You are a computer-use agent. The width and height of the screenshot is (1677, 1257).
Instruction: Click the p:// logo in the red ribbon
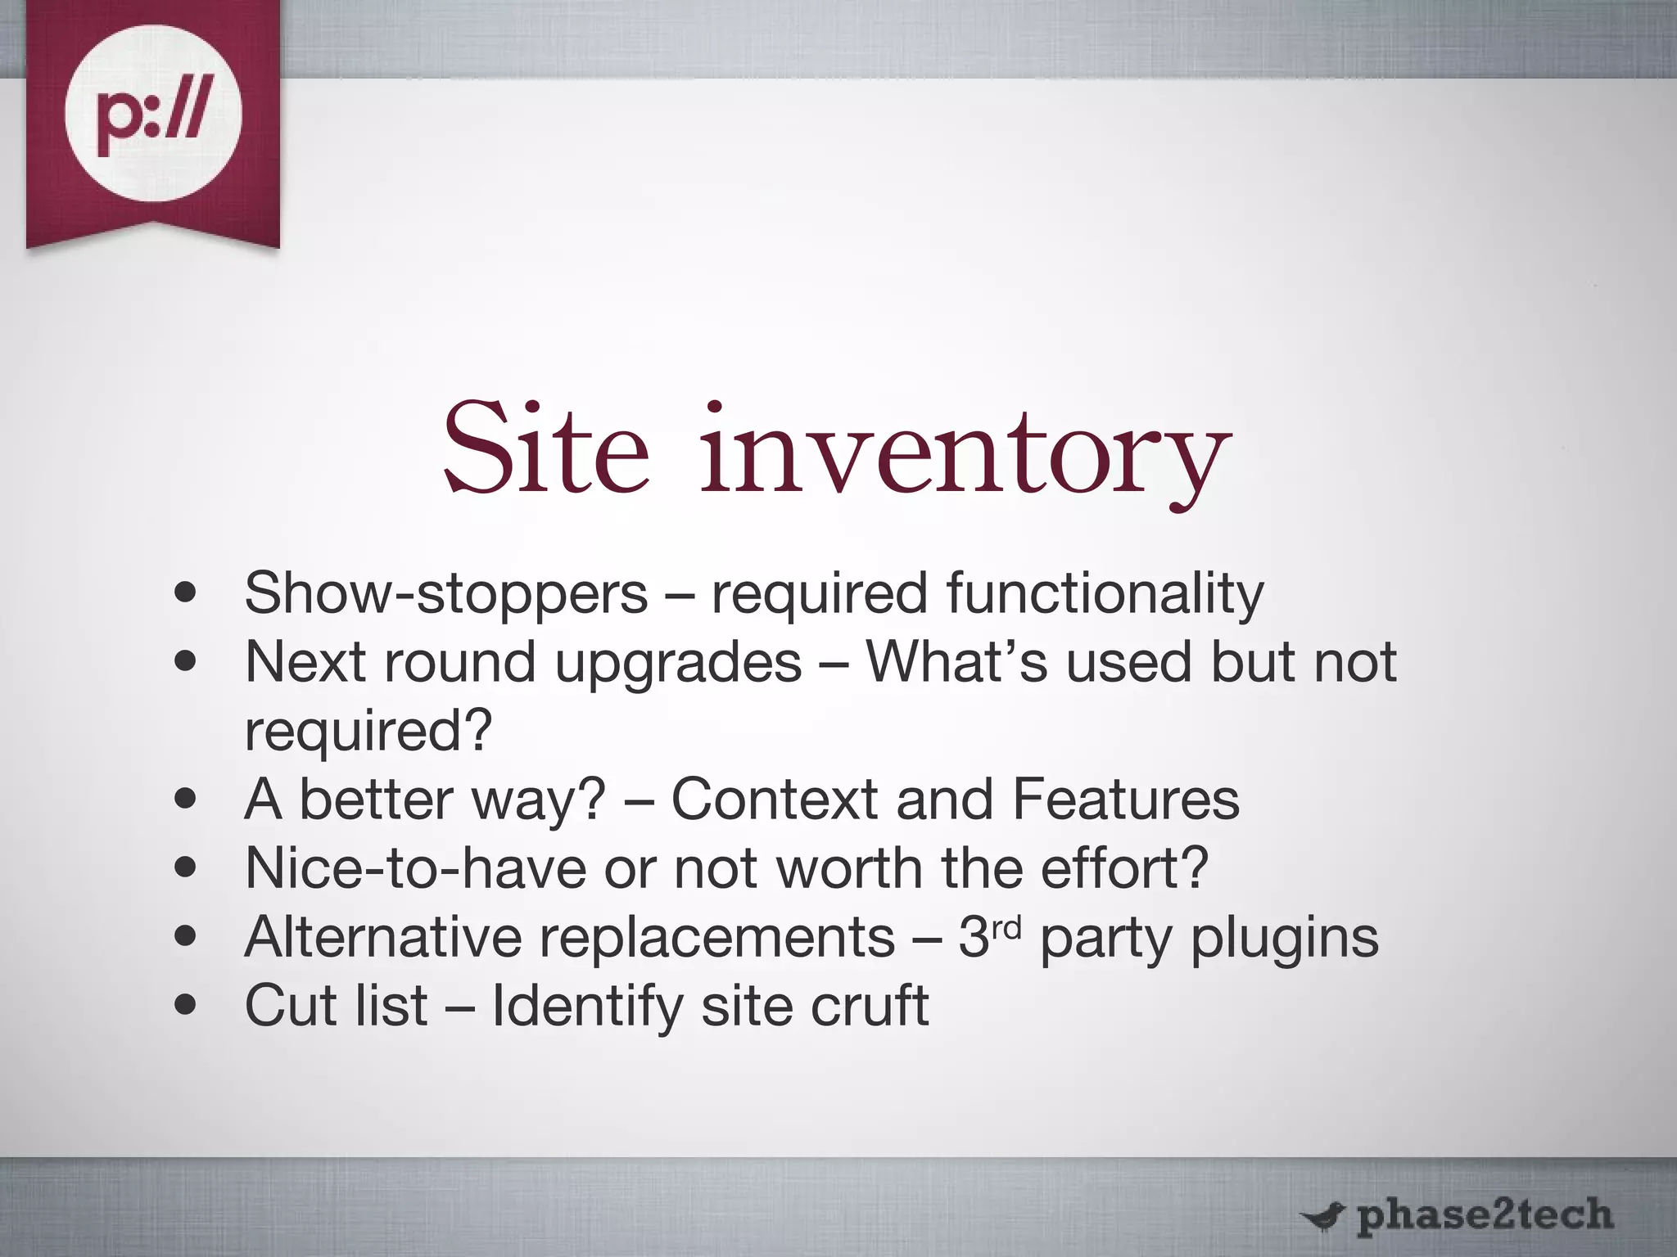(x=153, y=114)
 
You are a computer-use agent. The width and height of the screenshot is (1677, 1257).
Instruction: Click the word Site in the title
(x=546, y=450)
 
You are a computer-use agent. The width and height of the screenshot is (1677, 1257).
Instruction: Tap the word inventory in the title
(x=965, y=454)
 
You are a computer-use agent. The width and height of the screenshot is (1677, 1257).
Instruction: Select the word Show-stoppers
(x=445, y=593)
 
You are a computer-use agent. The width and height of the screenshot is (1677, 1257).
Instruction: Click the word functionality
(x=1105, y=593)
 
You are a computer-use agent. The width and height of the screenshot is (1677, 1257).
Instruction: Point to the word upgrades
(x=678, y=663)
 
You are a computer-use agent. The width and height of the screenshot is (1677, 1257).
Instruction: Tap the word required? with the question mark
(x=368, y=732)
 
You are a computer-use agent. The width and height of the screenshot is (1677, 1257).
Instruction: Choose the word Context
(x=774, y=800)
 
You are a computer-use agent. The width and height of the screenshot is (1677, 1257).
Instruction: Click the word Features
(x=1126, y=800)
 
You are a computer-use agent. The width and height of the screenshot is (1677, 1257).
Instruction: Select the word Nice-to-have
(x=415, y=868)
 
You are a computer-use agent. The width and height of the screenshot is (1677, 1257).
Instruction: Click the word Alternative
(x=382, y=937)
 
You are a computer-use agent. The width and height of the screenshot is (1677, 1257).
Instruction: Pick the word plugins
(x=1284, y=939)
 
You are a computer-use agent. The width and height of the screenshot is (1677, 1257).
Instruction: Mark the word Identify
(x=586, y=1007)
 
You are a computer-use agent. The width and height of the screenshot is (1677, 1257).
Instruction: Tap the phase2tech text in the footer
(x=1485, y=1215)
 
